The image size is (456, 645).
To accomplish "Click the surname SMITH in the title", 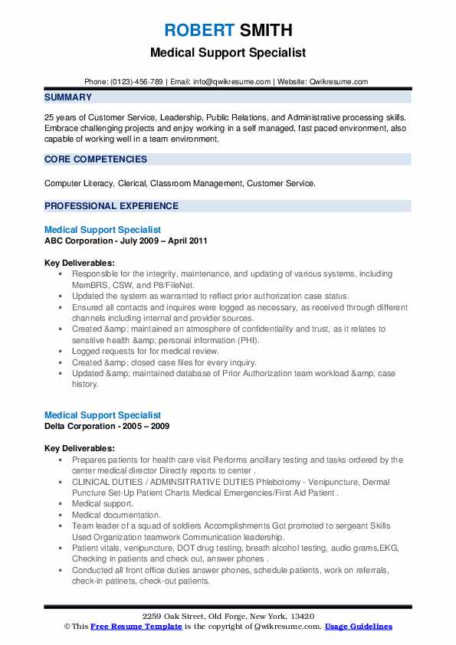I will tap(265, 31).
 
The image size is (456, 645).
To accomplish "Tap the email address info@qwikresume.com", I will tap(233, 81).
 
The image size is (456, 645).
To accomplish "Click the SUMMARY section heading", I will tap(68, 97).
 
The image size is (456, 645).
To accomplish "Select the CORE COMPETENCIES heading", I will tap(96, 159).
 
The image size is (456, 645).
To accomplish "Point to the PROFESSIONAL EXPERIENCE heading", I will tap(111, 206).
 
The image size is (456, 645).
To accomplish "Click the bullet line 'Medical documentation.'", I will tap(116, 516).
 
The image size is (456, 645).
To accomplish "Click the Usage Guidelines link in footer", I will tap(359, 626).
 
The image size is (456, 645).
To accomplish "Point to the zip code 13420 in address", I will tap(305, 617).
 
